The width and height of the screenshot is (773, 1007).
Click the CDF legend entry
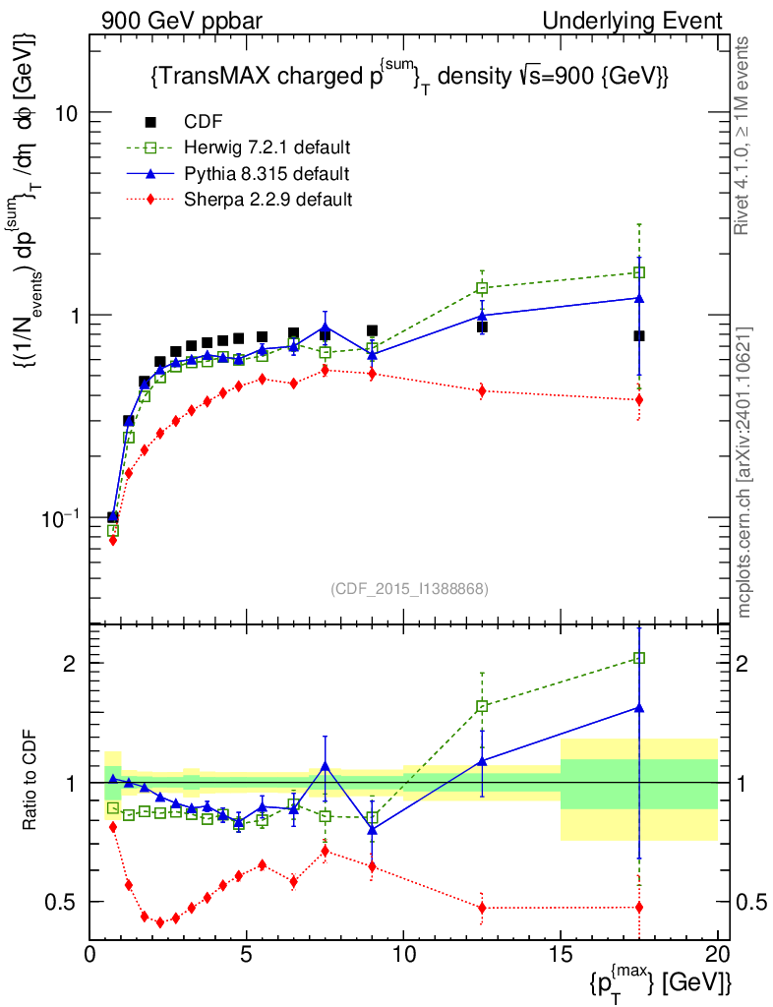(203, 122)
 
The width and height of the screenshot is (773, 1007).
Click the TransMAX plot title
(410, 78)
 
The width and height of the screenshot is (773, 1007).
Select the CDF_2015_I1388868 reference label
(409, 588)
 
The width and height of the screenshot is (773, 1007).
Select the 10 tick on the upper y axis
(67, 112)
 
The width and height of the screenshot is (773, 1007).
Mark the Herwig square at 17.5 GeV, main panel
(639, 272)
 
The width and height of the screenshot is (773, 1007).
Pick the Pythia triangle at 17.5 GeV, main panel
(639, 297)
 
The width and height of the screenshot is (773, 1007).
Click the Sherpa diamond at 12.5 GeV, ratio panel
(482, 908)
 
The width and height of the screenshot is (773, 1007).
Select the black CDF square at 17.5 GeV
(639, 336)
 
